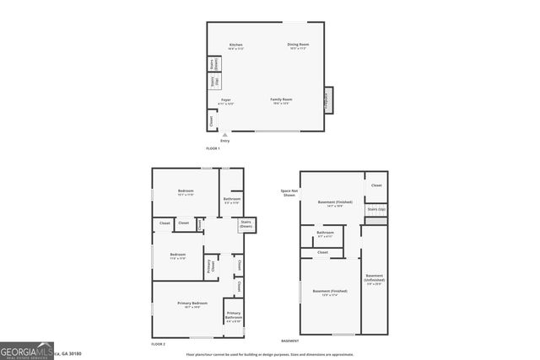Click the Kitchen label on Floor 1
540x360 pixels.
[236, 46]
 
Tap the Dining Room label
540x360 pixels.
[299, 46]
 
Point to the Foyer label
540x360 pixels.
[226, 101]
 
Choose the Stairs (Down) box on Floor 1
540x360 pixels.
[214, 63]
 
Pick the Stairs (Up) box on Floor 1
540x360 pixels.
[214, 81]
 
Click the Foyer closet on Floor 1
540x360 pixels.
[211, 121]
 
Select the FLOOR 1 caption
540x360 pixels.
[213, 148]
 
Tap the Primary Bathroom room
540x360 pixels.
[234, 318]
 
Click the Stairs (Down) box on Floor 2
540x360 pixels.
[246, 225]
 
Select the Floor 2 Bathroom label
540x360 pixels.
[232, 200]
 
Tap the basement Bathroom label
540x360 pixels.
[325, 234]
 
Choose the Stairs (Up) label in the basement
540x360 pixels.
[375, 208]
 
